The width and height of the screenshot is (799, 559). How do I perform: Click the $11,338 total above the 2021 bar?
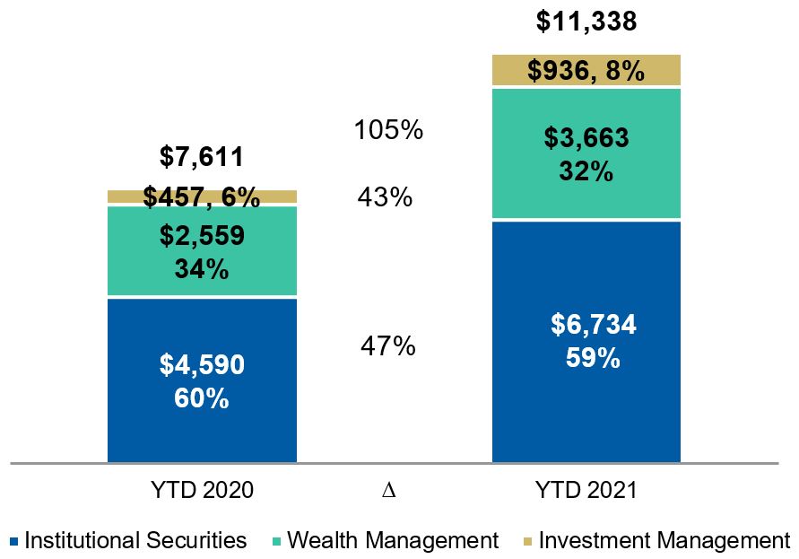586,21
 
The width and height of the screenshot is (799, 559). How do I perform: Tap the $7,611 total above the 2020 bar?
202,158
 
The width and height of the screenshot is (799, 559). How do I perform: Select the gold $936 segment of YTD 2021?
586,71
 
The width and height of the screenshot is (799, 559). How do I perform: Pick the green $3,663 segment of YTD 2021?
586,153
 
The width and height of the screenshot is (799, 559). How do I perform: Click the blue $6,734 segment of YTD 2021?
586,341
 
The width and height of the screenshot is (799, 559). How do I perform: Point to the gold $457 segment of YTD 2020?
202,197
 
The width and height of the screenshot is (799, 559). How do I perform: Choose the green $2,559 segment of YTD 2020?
202,251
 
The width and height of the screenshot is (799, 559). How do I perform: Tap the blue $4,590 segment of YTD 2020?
202,380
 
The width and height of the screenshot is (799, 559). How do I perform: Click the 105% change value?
388,130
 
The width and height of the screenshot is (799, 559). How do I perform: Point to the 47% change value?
388,345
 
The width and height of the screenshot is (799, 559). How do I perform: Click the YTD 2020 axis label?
202,491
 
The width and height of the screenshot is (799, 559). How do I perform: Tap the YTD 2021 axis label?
586,491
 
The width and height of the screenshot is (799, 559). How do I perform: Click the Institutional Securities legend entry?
128,541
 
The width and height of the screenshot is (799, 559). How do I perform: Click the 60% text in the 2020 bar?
202,397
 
